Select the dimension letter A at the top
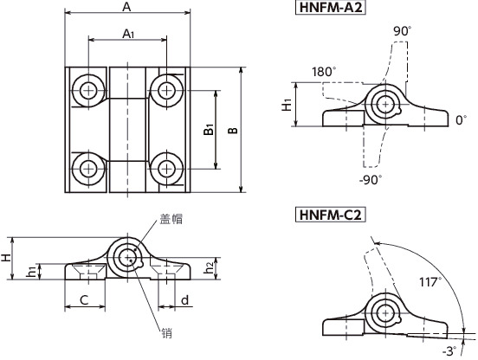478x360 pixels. pos(126,8)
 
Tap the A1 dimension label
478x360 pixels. pos(127,34)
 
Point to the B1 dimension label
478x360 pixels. pos(209,130)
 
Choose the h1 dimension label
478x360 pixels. pos(32,272)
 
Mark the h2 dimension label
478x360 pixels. pos(209,269)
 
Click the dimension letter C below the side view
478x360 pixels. pos(84,299)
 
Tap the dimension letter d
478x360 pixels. pos(185,299)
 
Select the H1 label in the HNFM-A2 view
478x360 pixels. pos(287,105)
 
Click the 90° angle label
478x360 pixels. pos(403,31)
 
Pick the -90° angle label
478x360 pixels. pos(371,180)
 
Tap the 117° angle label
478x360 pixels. pos(430,282)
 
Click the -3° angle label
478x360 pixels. pos(449,350)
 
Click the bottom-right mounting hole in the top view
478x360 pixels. pos(165,167)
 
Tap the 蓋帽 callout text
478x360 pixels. pos(171,221)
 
